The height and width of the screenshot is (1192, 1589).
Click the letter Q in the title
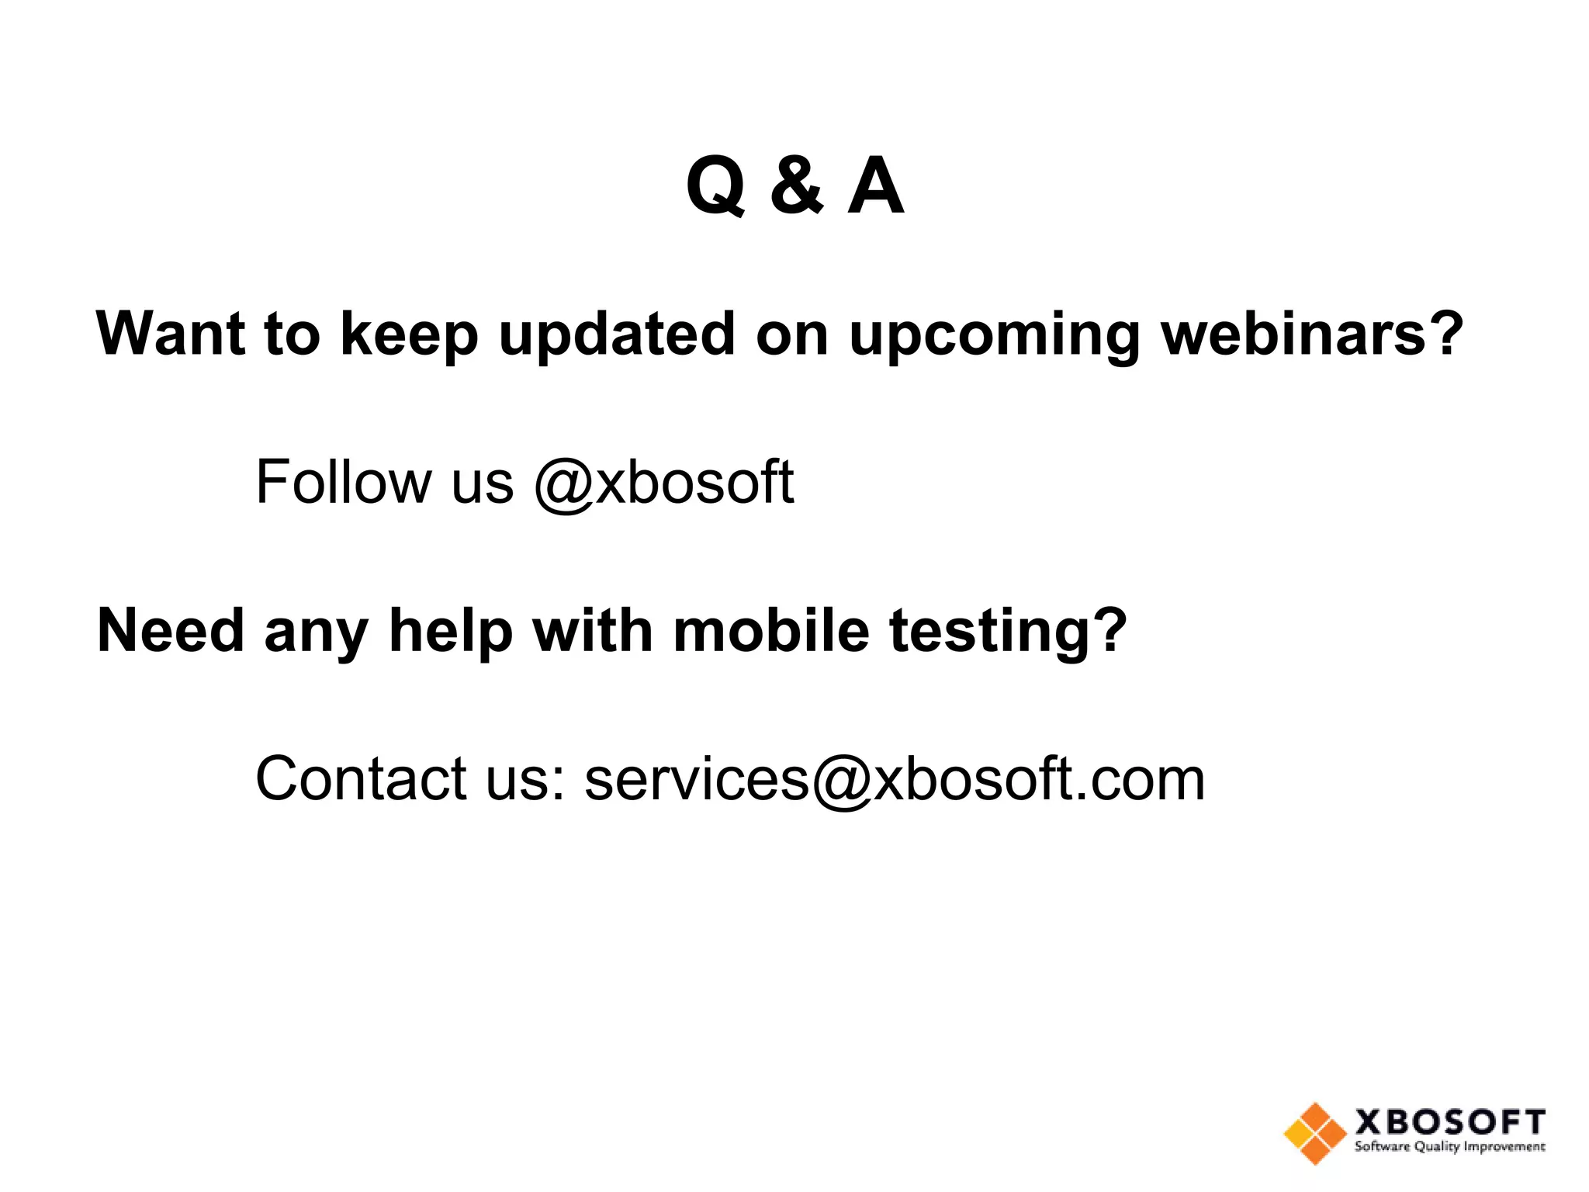click(715, 186)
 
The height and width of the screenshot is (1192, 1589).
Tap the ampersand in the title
click(796, 186)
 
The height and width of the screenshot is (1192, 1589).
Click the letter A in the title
click(875, 186)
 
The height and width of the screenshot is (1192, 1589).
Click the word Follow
click(344, 482)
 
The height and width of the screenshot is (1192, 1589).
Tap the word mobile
click(771, 630)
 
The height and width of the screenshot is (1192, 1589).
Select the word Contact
click(361, 778)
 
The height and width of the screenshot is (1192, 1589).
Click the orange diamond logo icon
click(1314, 1134)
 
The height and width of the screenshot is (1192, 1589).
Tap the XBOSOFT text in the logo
click(1449, 1122)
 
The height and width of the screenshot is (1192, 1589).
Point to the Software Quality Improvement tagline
click(1449, 1147)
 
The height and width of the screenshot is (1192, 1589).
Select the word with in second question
click(593, 630)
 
